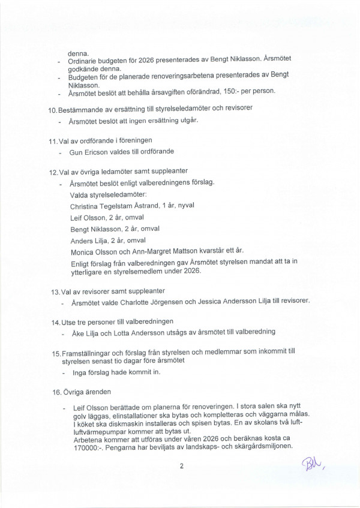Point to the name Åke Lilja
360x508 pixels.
click(x=88, y=332)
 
